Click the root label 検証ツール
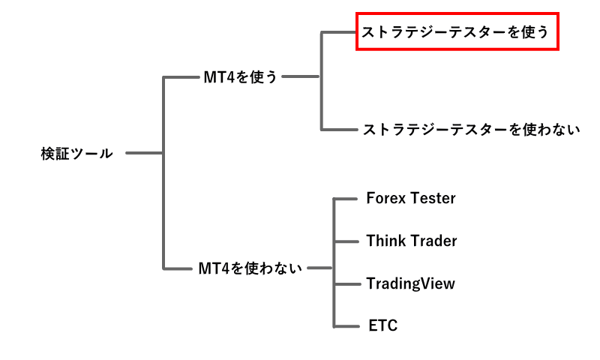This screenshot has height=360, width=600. click(77, 154)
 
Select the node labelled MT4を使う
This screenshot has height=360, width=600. click(240, 76)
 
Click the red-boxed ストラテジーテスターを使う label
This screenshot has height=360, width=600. click(456, 32)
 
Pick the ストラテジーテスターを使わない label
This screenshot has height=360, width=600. click(471, 130)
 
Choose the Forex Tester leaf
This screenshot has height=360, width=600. click(411, 199)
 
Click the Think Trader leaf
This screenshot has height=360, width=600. click(411, 241)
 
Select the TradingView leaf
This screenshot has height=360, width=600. click(410, 283)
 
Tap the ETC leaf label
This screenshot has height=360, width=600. click(382, 325)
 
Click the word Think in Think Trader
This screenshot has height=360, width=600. click(384, 241)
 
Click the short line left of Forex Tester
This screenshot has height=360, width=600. click(344, 199)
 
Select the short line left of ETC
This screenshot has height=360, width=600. click(344, 325)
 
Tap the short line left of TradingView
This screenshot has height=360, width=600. click(344, 283)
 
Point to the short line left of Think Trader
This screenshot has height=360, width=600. click(344, 241)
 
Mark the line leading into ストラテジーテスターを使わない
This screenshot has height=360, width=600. click(338, 130)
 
